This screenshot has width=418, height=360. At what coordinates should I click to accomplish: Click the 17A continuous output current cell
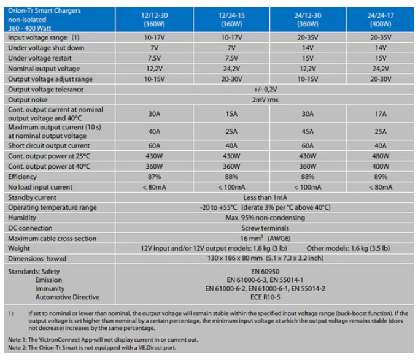(x=380, y=113)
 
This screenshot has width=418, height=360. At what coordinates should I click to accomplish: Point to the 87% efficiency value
(x=155, y=177)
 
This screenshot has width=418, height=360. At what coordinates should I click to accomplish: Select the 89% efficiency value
(x=380, y=177)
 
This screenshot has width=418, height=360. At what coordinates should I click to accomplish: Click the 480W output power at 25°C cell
(x=380, y=156)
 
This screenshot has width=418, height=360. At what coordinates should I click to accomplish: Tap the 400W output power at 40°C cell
(x=380, y=166)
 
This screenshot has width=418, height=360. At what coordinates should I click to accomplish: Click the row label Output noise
(x=28, y=99)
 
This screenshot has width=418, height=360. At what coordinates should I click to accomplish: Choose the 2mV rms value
(x=265, y=99)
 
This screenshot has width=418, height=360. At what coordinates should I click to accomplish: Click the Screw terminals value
(x=265, y=228)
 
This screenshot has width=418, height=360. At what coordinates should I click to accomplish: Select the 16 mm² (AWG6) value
(x=265, y=238)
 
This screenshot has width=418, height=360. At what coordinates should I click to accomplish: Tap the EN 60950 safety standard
(x=265, y=270)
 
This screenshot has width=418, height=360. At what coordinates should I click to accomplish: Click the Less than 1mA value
(x=265, y=197)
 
